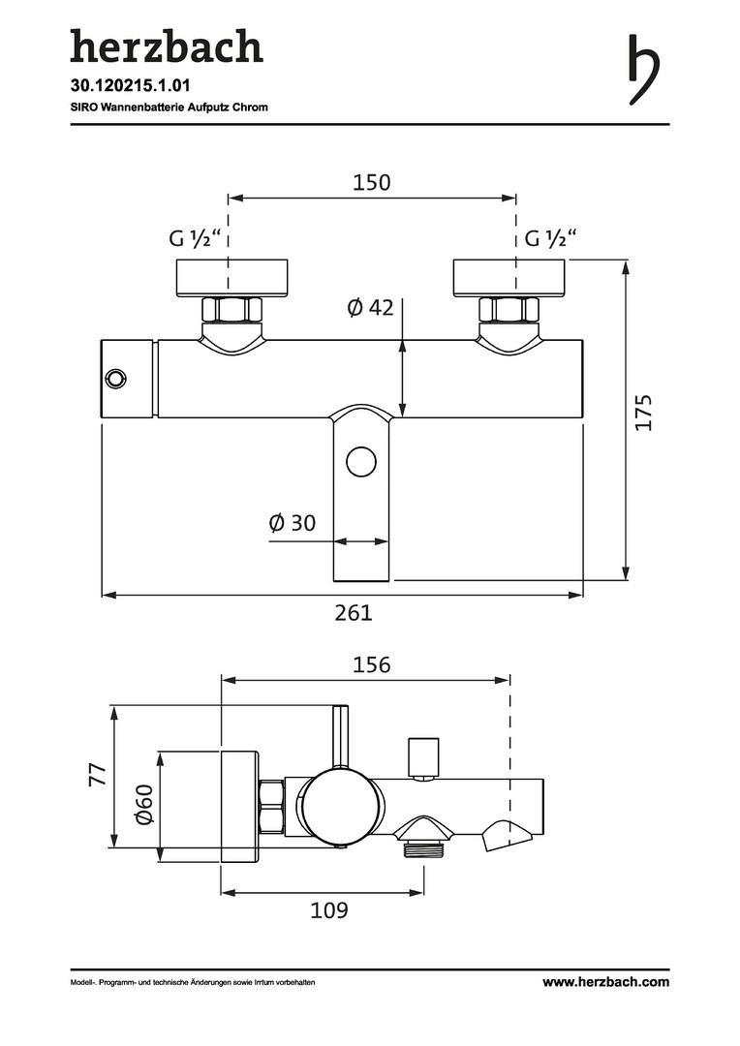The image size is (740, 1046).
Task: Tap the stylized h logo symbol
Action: pyautogui.click(x=644, y=70)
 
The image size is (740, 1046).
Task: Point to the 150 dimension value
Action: pyautogui.click(x=372, y=182)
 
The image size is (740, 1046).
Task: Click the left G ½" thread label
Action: pyautogui.click(x=195, y=237)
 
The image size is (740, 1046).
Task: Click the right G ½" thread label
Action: pyautogui.click(x=551, y=237)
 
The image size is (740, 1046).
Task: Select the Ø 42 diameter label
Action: pyautogui.click(x=370, y=308)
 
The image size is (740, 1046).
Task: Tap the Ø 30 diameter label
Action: pyautogui.click(x=293, y=523)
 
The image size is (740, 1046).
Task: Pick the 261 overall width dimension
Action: pyautogui.click(x=354, y=612)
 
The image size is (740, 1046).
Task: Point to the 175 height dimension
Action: pyautogui.click(x=642, y=413)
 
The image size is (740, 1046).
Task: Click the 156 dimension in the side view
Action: pyautogui.click(x=372, y=665)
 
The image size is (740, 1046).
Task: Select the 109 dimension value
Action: pyautogui.click(x=329, y=909)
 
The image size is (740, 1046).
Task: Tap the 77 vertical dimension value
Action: pyautogui.click(x=98, y=775)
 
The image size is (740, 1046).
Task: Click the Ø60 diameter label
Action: pyautogui.click(x=144, y=805)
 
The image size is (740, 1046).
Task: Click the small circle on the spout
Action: pyautogui.click(x=361, y=462)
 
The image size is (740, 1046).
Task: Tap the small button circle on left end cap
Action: pyautogui.click(x=114, y=379)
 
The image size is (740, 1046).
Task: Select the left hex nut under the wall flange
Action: pyautogui.click(x=231, y=310)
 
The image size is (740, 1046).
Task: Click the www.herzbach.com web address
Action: pyautogui.click(x=606, y=981)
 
